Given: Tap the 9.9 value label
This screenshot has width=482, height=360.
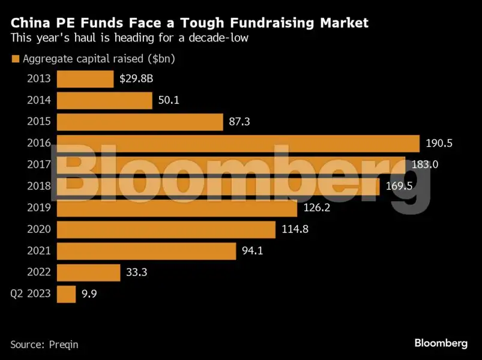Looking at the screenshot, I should tap(89, 294).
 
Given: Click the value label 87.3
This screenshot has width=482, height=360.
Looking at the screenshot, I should tap(239, 122).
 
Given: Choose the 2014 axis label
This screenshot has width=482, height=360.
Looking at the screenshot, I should tap(39, 100).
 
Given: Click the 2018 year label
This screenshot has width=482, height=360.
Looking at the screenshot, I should tap(39, 187).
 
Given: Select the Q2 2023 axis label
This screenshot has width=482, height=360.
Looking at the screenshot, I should tap(31, 294).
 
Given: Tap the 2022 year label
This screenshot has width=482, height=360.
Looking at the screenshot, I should tap(39, 272).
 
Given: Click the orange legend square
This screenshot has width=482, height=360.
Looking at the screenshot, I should tap(14, 59).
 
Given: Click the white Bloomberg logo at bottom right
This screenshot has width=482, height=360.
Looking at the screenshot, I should tap(441, 343).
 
